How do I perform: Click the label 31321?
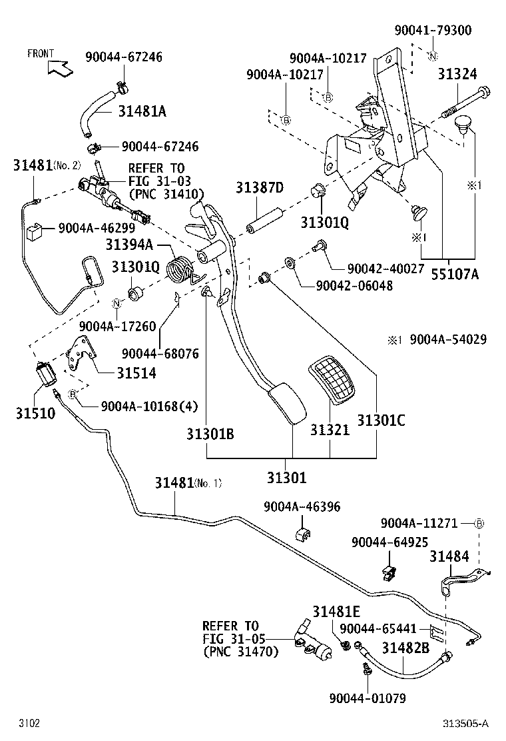click(x=329, y=430)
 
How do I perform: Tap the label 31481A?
click(x=142, y=111)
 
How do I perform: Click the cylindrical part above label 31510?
click(x=47, y=376)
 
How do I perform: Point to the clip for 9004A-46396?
click(x=303, y=534)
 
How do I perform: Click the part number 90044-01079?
click(x=367, y=698)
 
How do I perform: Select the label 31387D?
click(x=259, y=189)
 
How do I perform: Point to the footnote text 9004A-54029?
click(x=447, y=340)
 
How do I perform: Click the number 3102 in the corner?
click(x=29, y=723)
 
